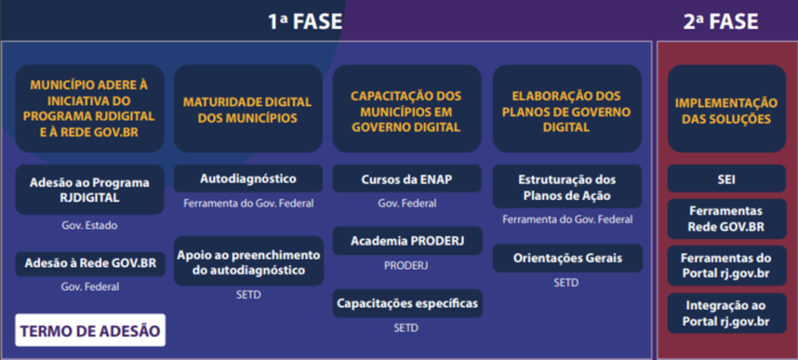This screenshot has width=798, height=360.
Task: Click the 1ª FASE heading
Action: [306, 22]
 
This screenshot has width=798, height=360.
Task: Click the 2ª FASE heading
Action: [721, 22]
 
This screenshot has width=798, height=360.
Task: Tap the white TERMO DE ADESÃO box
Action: [90, 331]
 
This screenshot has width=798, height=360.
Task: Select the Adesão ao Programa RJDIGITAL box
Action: [90, 189]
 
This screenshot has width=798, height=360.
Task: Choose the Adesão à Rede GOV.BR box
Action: [90, 264]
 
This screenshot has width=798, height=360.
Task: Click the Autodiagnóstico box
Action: [249, 179]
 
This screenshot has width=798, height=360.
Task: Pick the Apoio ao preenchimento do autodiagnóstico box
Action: [249, 262]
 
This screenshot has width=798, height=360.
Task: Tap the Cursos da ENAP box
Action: [407, 179]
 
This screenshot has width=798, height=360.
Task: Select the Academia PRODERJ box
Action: [407, 241]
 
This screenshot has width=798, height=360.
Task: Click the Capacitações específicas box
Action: [407, 304]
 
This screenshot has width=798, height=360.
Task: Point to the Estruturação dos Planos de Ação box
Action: [567, 187]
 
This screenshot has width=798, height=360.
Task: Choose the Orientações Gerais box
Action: [568, 258]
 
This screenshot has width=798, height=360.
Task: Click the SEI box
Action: [726, 179]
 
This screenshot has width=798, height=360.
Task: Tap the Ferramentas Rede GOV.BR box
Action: [726, 219]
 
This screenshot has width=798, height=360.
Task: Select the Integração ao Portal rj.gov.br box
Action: [726, 313]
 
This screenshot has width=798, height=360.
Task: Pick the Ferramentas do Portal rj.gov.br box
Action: [726, 266]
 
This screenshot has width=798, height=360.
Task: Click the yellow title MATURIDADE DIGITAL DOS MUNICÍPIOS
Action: [247, 109]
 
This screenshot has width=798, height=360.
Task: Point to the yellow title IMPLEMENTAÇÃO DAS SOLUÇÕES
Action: [726, 111]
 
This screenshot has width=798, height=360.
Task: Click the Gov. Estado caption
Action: [90, 225]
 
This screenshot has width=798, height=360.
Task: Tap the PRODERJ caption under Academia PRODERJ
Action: [406, 265]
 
